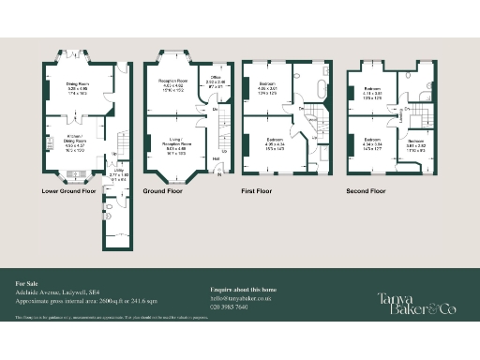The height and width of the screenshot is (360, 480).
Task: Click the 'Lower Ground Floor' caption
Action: (x=69, y=191)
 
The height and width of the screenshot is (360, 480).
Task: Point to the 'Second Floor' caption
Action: (x=366, y=191)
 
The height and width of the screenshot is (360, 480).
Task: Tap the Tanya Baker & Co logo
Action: (x=417, y=302)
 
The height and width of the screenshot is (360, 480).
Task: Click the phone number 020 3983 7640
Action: (x=230, y=307)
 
